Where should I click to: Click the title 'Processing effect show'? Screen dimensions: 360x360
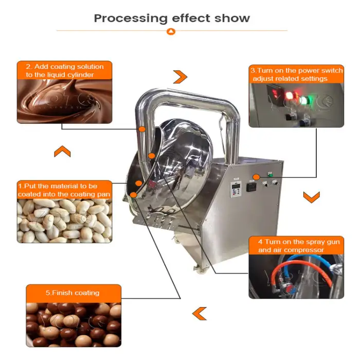pyautogui.click(x=172, y=19)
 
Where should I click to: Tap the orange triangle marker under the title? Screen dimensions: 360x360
pyautogui.click(x=171, y=31)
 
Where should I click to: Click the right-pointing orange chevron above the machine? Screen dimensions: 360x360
pyautogui.click(x=181, y=77)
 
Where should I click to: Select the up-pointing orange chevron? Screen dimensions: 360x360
pyautogui.click(x=62, y=151)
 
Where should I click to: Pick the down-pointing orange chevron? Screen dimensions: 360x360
pyautogui.click(x=311, y=197)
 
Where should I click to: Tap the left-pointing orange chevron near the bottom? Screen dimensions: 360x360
pyautogui.click(x=200, y=314)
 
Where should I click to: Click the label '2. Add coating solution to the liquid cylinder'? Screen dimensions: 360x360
pyautogui.click(x=64, y=70)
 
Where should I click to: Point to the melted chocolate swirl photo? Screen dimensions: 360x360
pyautogui.click(x=64, y=101)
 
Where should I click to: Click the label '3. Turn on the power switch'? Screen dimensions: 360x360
pyautogui.click(x=297, y=70)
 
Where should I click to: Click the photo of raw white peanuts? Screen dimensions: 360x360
pyautogui.click(x=64, y=221)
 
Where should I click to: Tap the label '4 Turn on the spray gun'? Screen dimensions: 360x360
pyautogui.click(x=299, y=242)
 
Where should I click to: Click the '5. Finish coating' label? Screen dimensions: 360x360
pyautogui.click(x=73, y=293)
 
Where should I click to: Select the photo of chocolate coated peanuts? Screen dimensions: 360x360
pyautogui.click(x=74, y=325)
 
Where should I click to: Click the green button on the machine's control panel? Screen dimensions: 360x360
pyautogui.click(x=271, y=175)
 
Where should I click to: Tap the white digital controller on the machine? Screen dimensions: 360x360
pyautogui.click(x=236, y=189)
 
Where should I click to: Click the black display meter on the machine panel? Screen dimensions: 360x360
pyautogui.click(x=251, y=186)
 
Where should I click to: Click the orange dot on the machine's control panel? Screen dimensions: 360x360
pyautogui.click(x=257, y=177)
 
